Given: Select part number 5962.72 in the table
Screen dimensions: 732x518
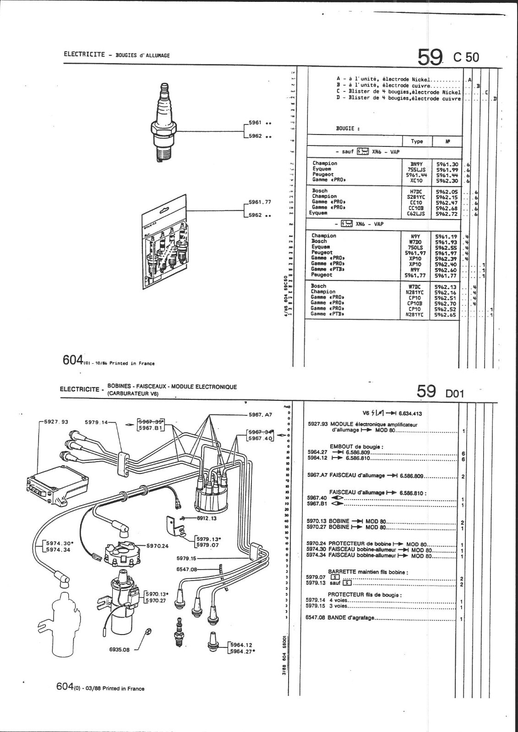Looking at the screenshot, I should tap(446, 213).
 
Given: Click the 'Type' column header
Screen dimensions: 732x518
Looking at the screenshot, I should tap(417, 141).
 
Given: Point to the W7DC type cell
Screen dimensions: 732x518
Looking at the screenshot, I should tap(416, 286).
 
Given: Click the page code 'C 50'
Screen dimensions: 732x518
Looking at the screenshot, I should tap(466, 57).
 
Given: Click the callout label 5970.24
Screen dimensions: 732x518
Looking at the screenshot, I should tap(158, 545).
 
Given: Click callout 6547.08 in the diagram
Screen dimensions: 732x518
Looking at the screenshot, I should tap(186, 570).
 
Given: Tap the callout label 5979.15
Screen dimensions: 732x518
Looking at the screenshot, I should tap(186, 559).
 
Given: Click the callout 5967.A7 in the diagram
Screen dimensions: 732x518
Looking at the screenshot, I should tap(260, 414).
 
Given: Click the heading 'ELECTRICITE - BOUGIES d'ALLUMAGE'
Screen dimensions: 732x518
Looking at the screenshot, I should tap(117, 55).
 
